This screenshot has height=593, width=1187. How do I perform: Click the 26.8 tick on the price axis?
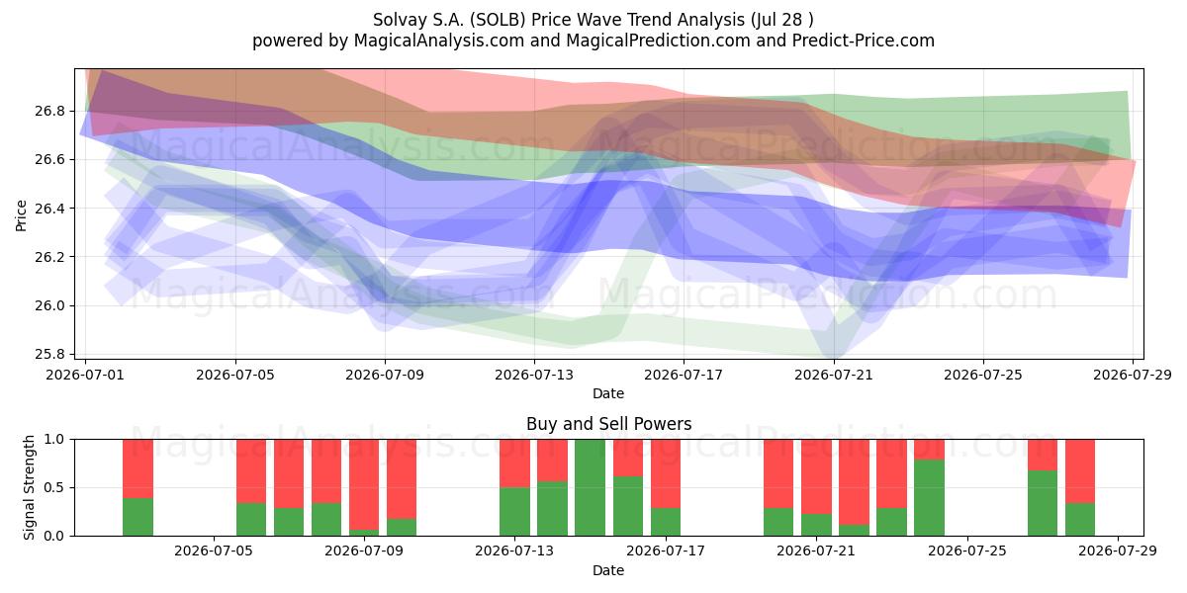(x=49, y=111)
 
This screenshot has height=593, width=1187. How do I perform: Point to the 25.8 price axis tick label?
(x=49, y=354)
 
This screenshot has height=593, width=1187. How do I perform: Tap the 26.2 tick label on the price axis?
(x=49, y=257)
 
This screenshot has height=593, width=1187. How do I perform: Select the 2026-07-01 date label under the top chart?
(x=85, y=375)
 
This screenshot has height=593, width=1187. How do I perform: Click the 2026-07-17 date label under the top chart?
(x=684, y=375)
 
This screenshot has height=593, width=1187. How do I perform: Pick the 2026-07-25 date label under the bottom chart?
(x=967, y=551)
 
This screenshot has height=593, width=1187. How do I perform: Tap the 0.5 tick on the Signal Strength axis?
(x=54, y=487)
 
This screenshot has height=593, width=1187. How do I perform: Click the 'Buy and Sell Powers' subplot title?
(x=609, y=424)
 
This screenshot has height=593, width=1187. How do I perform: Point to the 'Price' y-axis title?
(x=21, y=215)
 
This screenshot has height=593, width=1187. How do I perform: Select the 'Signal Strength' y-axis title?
(x=29, y=487)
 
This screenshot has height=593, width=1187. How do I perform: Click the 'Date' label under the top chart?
(x=608, y=393)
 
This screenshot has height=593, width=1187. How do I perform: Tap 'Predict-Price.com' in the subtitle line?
(x=864, y=41)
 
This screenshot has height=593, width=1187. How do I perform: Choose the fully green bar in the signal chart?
(x=590, y=487)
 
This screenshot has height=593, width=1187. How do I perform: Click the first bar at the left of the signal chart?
(x=137, y=487)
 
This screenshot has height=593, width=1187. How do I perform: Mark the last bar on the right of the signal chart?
(x=1080, y=487)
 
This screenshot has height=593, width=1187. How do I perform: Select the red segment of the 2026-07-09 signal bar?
(x=364, y=484)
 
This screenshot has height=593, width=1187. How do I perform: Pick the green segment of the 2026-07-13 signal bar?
(x=515, y=512)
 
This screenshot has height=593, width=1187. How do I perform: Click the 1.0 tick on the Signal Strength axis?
(x=54, y=440)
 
